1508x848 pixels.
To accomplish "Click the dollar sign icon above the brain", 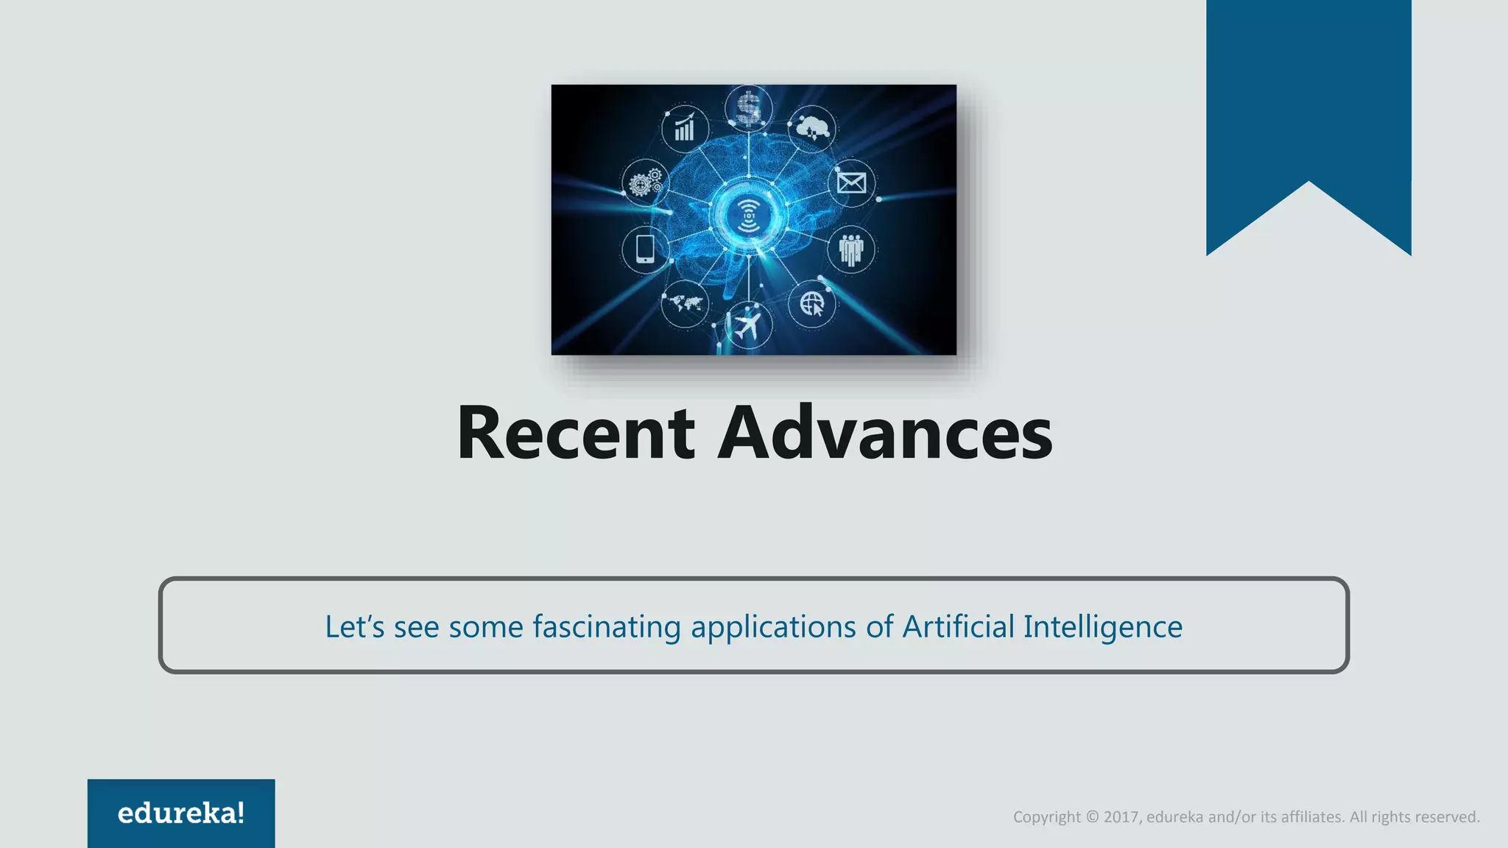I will tap(748, 107).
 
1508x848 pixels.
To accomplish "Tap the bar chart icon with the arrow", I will tap(685, 128).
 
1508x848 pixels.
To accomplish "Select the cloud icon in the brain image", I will tap(812, 127).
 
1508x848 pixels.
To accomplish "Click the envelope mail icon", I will tap(851, 182).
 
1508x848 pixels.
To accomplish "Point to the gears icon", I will tap(645, 183).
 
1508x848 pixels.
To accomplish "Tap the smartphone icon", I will tap(645, 249).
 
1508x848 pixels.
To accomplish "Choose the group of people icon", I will tap(850, 250).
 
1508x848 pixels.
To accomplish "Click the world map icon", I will tap(685, 303).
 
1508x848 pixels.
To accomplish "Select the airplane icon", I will tap(747, 325).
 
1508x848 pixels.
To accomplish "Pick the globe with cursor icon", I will tap(812, 303).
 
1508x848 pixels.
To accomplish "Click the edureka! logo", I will tap(181, 813).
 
